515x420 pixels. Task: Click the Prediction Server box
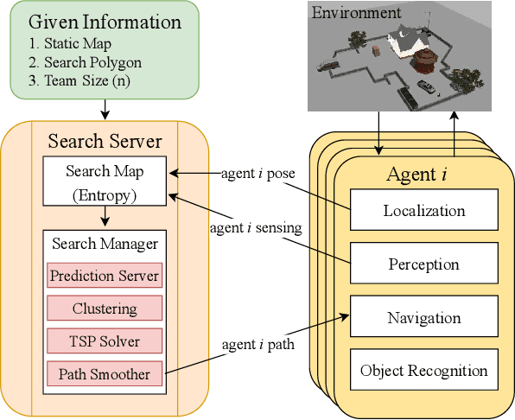point(105,277)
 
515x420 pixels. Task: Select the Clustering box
point(105,309)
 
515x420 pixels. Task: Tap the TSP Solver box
point(105,341)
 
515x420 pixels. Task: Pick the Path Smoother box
point(105,374)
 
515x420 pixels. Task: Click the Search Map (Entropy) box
point(104,181)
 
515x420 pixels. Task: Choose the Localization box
point(423,210)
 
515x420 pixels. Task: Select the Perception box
point(423,264)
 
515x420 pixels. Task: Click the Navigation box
point(423,318)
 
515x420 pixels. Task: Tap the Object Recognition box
point(423,372)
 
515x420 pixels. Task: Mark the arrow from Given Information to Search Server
point(104,109)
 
